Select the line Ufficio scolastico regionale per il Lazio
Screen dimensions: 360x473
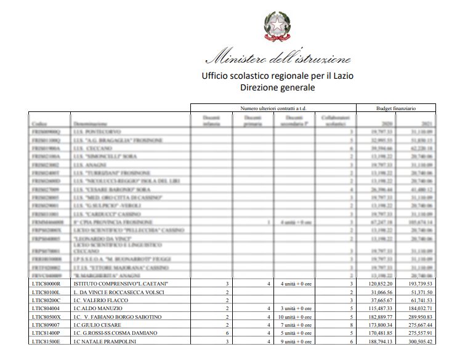pos(277,76)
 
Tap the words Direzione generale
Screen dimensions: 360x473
pos(277,88)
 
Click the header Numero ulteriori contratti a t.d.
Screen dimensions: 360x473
pos(272,108)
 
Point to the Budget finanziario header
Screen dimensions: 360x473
pos(395,108)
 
